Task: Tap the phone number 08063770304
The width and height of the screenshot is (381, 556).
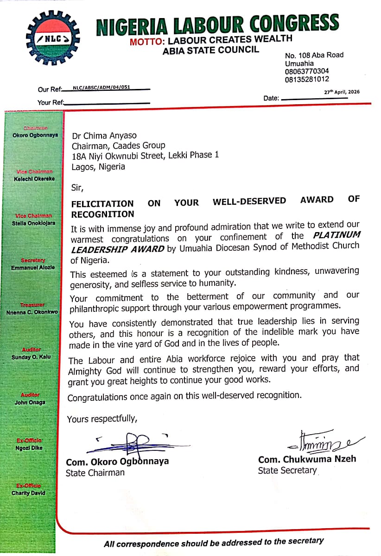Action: tap(307, 71)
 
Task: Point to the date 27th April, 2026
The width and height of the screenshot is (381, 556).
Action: tap(342, 92)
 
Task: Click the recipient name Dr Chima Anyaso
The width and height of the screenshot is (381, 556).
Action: tap(104, 136)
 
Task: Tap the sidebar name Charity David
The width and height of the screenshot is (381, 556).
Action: tap(29, 493)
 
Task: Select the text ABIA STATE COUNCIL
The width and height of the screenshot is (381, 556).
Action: tap(210, 51)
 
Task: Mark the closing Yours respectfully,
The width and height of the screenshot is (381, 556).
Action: tap(102, 419)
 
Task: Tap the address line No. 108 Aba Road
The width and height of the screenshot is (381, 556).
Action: tap(314, 55)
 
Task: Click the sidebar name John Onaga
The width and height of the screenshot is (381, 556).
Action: tap(30, 402)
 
